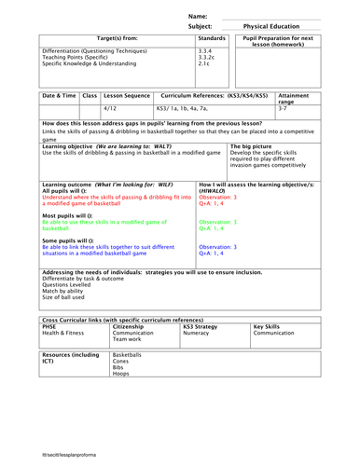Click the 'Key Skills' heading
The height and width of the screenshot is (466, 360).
[270, 326]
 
